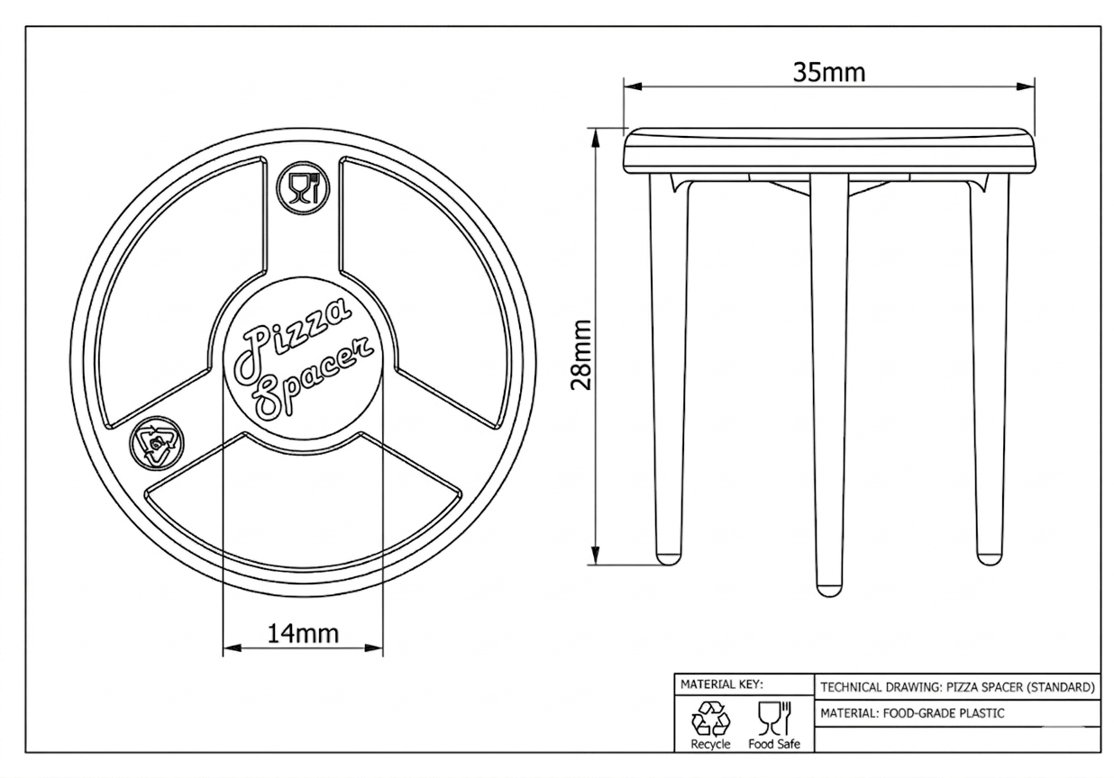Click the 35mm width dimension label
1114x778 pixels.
coord(828,71)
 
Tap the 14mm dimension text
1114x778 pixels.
coord(303,633)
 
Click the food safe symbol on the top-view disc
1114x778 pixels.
coord(302,189)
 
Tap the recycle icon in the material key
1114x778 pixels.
coord(709,718)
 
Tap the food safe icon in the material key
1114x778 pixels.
coord(773,718)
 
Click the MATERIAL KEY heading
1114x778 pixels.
coord(722,683)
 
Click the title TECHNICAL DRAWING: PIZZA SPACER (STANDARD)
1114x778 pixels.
coord(957,687)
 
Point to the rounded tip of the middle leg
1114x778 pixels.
coord(828,590)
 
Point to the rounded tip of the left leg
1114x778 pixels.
coord(668,558)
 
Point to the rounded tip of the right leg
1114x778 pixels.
coord(989,558)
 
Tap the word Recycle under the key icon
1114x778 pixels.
coord(710,744)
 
